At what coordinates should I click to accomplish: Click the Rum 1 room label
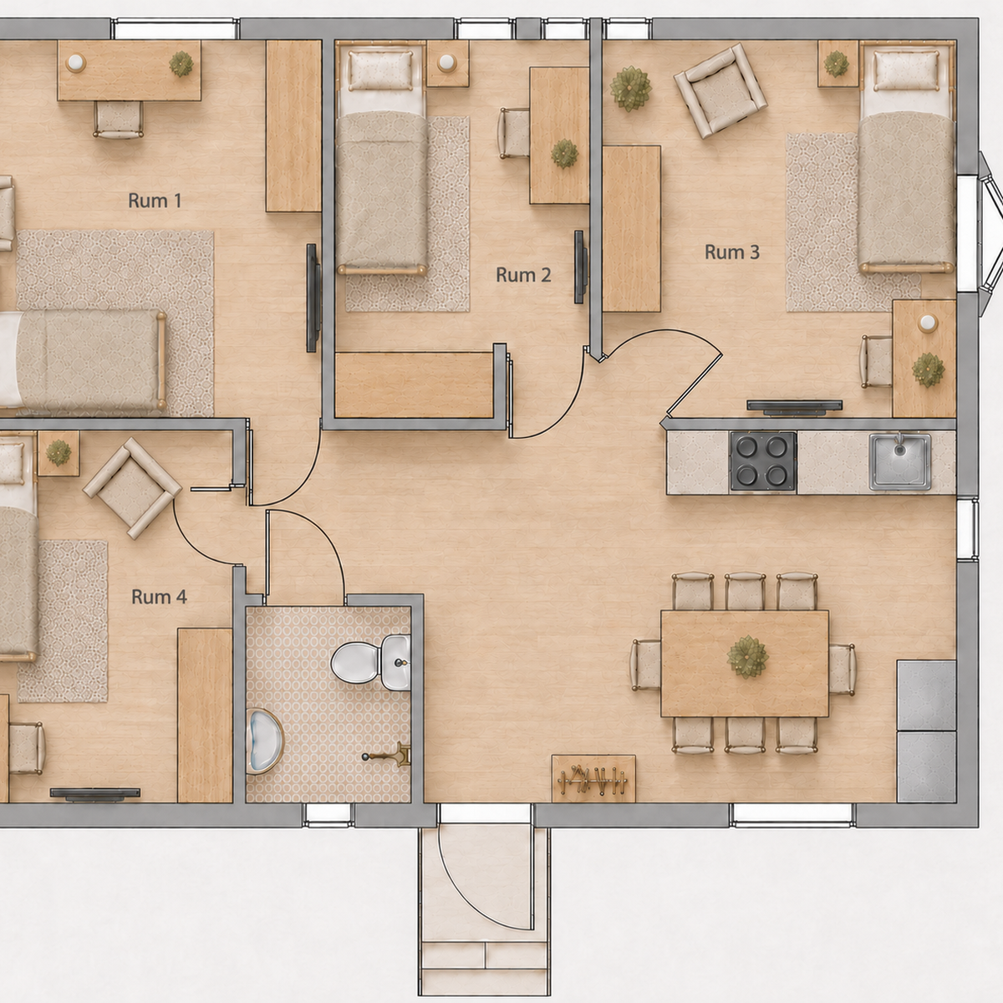[155, 201]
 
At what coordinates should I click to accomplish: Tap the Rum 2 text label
[523, 275]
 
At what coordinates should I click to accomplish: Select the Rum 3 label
[732, 252]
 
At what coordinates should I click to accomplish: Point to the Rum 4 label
[159, 597]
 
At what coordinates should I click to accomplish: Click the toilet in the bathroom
[370, 662]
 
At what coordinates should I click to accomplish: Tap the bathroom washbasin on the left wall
[264, 741]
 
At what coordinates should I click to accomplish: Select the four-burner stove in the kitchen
[763, 461]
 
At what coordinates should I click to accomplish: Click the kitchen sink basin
[900, 462]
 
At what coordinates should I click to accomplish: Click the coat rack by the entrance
[593, 779]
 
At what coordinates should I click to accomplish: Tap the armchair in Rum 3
[720, 90]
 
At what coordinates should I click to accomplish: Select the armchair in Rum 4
[132, 487]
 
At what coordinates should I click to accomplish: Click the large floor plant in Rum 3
[630, 88]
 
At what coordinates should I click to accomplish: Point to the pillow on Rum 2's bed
[380, 69]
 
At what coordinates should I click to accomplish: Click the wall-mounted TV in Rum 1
[313, 298]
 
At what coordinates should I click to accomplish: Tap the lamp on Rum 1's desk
[76, 63]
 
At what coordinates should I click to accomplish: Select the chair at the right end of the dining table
[842, 670]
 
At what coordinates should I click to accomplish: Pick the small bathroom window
[328, 815]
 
